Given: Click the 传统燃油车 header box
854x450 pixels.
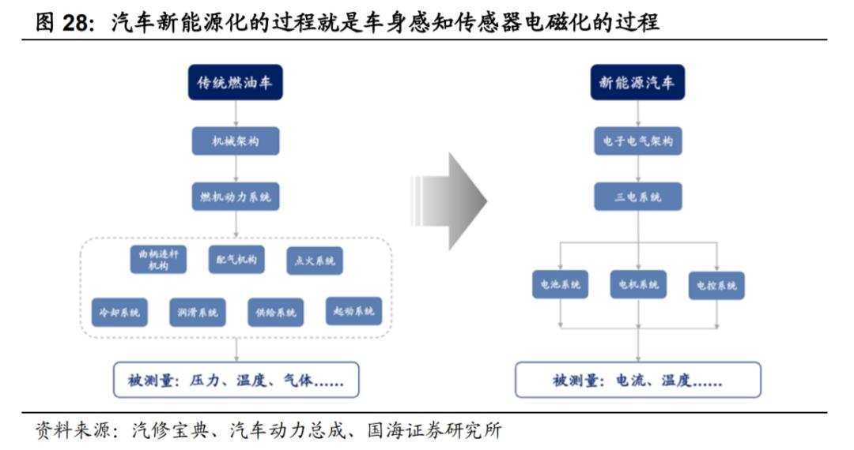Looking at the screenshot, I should [x=235, y=82].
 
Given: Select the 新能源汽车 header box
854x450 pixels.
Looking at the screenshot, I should [x=637, y=82].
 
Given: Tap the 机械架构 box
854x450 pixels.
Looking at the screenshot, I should [x=236, y=141].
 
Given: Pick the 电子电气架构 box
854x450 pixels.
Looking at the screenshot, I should [x=638, y=141].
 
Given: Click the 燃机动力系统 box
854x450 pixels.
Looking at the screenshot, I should [x=236, y=197].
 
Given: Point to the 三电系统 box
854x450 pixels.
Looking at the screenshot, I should [x=638, y=197].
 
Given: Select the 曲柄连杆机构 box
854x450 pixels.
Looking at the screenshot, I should [x=158, y=260].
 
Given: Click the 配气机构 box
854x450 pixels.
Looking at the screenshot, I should [x=236, y=259].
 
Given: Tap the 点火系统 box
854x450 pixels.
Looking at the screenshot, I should [x=315, y=260].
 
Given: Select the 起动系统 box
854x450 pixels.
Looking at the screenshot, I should [x=353, y=311].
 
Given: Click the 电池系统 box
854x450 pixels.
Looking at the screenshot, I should [x=560, y=284].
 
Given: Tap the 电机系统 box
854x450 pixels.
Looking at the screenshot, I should [x=638, y=284].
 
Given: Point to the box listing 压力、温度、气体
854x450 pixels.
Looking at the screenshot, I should [x=236, y=380].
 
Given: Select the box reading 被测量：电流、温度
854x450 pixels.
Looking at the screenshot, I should [x=638, y=380].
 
